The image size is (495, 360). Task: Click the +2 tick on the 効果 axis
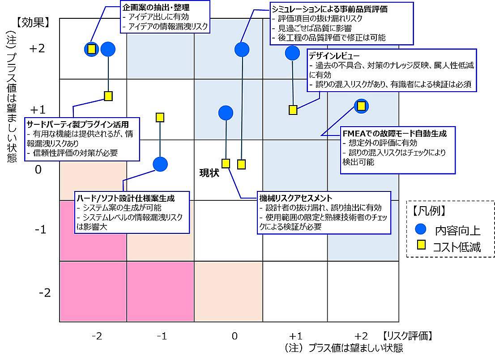click(x=37, y=48)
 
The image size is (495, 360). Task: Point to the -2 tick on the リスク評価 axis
click(x=97, y=336)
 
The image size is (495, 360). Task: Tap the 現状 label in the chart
click(x=209, y=173)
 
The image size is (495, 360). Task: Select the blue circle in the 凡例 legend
click(x=421, y=229)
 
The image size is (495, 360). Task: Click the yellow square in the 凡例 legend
click(x=422, y=245)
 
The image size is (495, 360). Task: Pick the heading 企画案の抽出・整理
click(x=156, y=7)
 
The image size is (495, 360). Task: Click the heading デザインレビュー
click(x=334, y=56)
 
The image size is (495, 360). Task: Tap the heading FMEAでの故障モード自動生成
click(x=395, y=133)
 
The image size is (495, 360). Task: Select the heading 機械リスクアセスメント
click(x=296, y=198)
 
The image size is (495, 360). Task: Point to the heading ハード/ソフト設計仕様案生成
click(x=126, y=198)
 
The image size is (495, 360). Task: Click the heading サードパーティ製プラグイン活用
click(x=78, y=124)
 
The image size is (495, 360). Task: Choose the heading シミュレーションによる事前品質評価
click(x=329, y=9)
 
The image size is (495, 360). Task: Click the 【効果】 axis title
click(x=33, y=23)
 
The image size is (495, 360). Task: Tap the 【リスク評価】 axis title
click(x=407, y=336)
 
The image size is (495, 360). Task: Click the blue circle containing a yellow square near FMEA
click(x=361, y=106)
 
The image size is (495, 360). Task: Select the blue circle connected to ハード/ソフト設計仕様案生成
click(x=160, y=164)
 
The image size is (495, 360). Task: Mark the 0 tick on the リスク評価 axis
click(x=234, y=336)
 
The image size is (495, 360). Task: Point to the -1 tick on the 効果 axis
click(x=41, y=229)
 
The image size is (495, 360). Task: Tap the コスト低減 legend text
click(x=457, y=247)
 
